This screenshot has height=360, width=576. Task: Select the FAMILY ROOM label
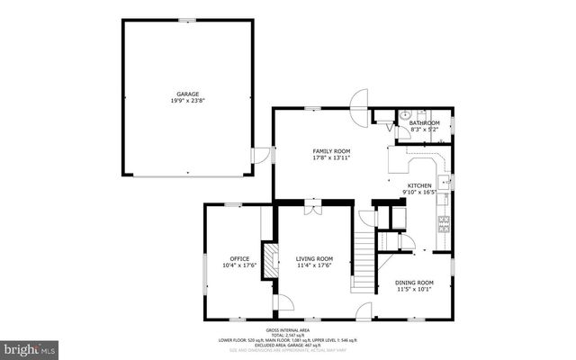tap(331, 150)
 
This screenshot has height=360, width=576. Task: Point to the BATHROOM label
tap(424, 122)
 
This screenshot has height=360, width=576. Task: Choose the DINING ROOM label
tap(415, 282)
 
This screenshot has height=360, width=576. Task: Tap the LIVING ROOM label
tap(314, 258)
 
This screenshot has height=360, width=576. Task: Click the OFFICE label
tap(238, 258)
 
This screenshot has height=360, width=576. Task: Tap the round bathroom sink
tap(405, 115)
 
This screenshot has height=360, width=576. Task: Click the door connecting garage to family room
tap(261, 155)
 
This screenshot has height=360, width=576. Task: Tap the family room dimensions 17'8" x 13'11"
tap(331, 157)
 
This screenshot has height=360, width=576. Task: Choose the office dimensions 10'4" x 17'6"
tap(238, 265)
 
